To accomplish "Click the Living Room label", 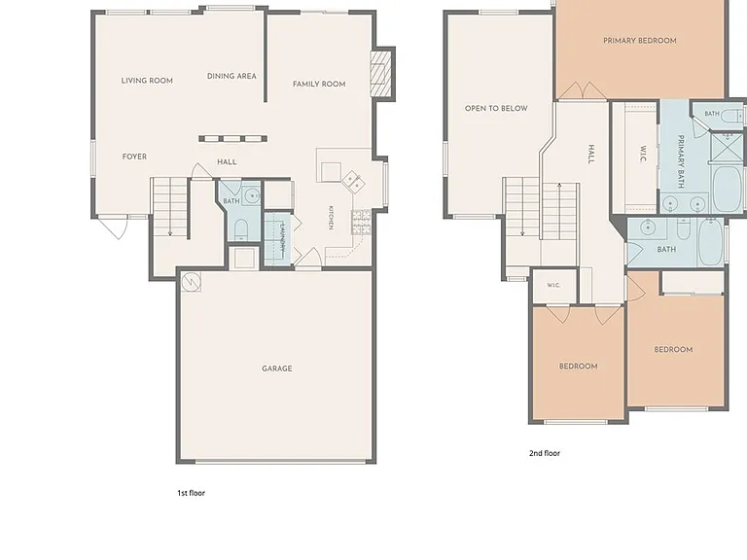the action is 147,81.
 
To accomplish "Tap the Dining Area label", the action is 231,76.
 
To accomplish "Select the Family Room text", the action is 319,84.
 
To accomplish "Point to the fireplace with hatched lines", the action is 380,73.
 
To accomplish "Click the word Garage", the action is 277,368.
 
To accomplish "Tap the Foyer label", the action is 134,157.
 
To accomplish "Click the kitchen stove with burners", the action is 361,222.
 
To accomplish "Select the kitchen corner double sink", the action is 353,182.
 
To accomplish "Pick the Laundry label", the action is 282,236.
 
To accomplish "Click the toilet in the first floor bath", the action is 241,229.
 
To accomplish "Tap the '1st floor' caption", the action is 191,493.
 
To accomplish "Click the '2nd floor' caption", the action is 545,453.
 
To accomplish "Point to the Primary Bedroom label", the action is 640,41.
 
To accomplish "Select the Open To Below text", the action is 496,108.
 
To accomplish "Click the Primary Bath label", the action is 681,161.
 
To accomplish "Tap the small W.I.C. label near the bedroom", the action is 553,285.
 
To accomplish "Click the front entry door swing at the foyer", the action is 115,227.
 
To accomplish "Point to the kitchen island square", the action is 331,172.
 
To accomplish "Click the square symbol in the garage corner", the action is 192,282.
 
